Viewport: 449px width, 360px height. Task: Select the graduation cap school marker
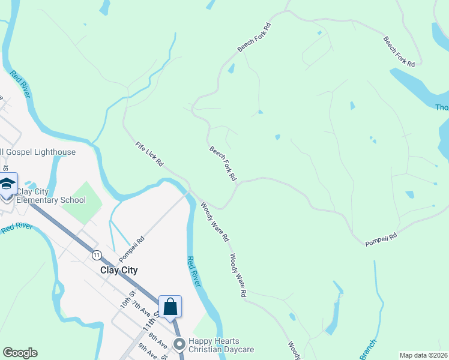[x=7, y=185]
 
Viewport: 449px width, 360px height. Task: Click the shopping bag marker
[x=170, y=307]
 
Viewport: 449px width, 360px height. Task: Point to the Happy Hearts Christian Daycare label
[x=221, y=345]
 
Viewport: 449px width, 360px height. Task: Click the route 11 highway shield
[x=96, y=255]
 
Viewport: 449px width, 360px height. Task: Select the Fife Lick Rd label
[x=149, y=154]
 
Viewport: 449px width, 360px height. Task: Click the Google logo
[x=20, y=353]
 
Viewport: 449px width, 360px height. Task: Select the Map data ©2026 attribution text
[x=424, y=355]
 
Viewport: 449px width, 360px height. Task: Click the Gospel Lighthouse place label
[x=39, y=152]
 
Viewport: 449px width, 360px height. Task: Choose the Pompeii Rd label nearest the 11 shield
[x=131, y=248]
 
